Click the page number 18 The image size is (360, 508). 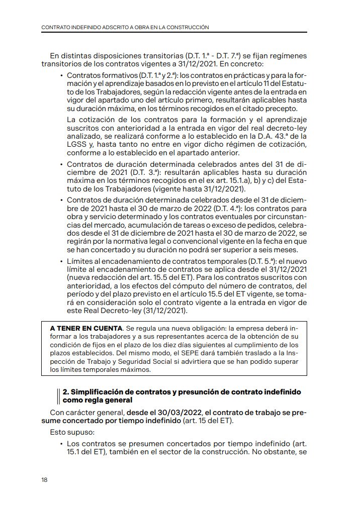[x=44, y=480]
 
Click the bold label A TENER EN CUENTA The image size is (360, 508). [x=86, y=328]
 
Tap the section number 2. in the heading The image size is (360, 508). [x=65, y=391]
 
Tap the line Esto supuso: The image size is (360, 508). [x=69, y=432]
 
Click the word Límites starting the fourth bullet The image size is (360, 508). [x=80, y=261]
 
